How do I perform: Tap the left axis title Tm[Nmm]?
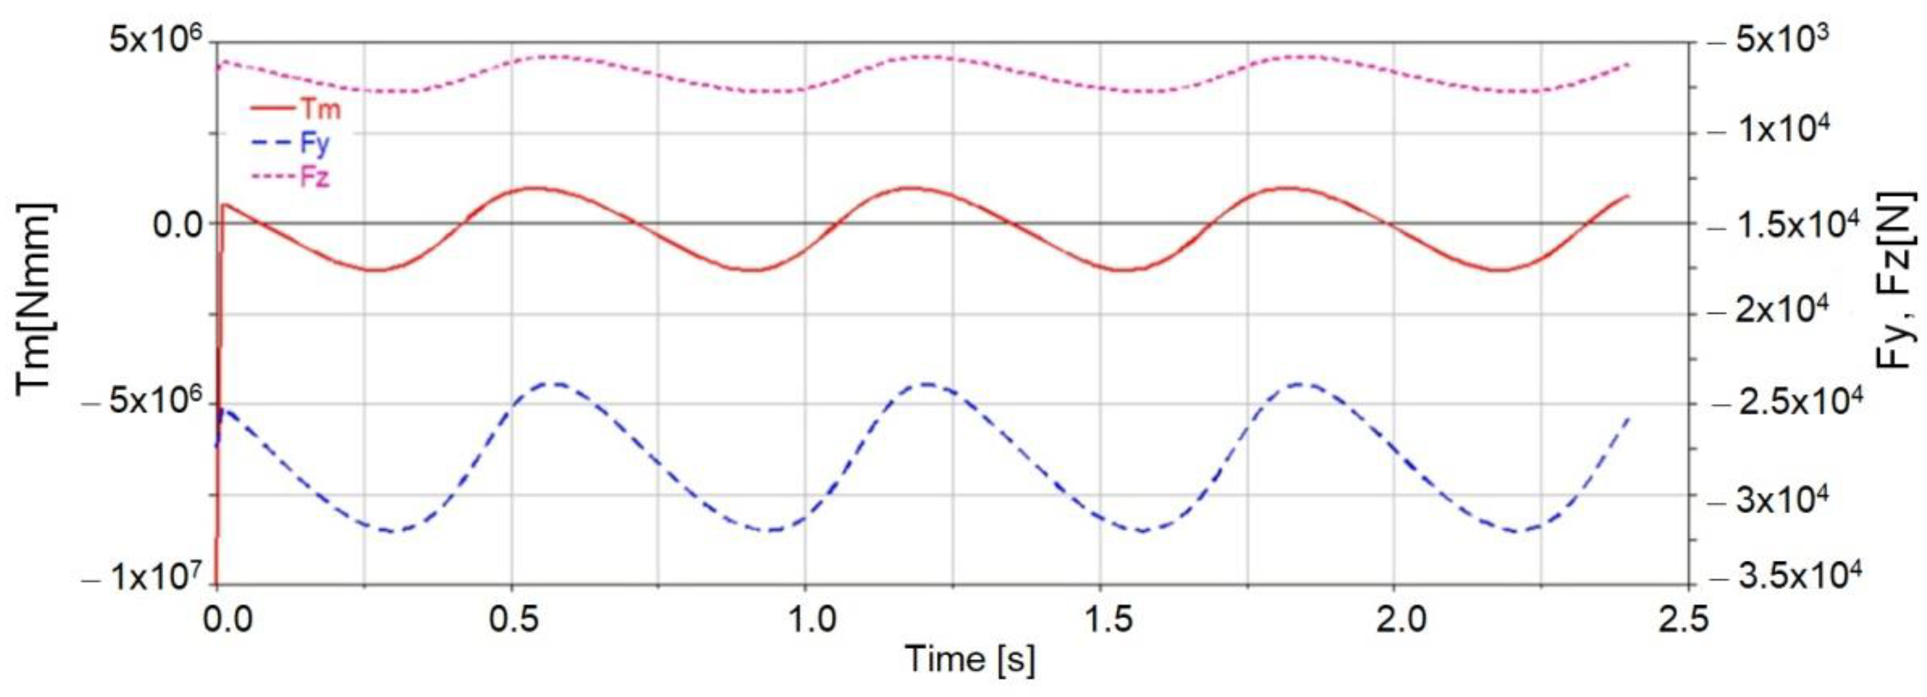tap(34, 296)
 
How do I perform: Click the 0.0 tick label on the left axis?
tap(178, 223)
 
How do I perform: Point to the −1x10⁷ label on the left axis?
tap(146, 577)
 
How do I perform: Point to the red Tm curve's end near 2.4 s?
tap(1627, 196)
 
